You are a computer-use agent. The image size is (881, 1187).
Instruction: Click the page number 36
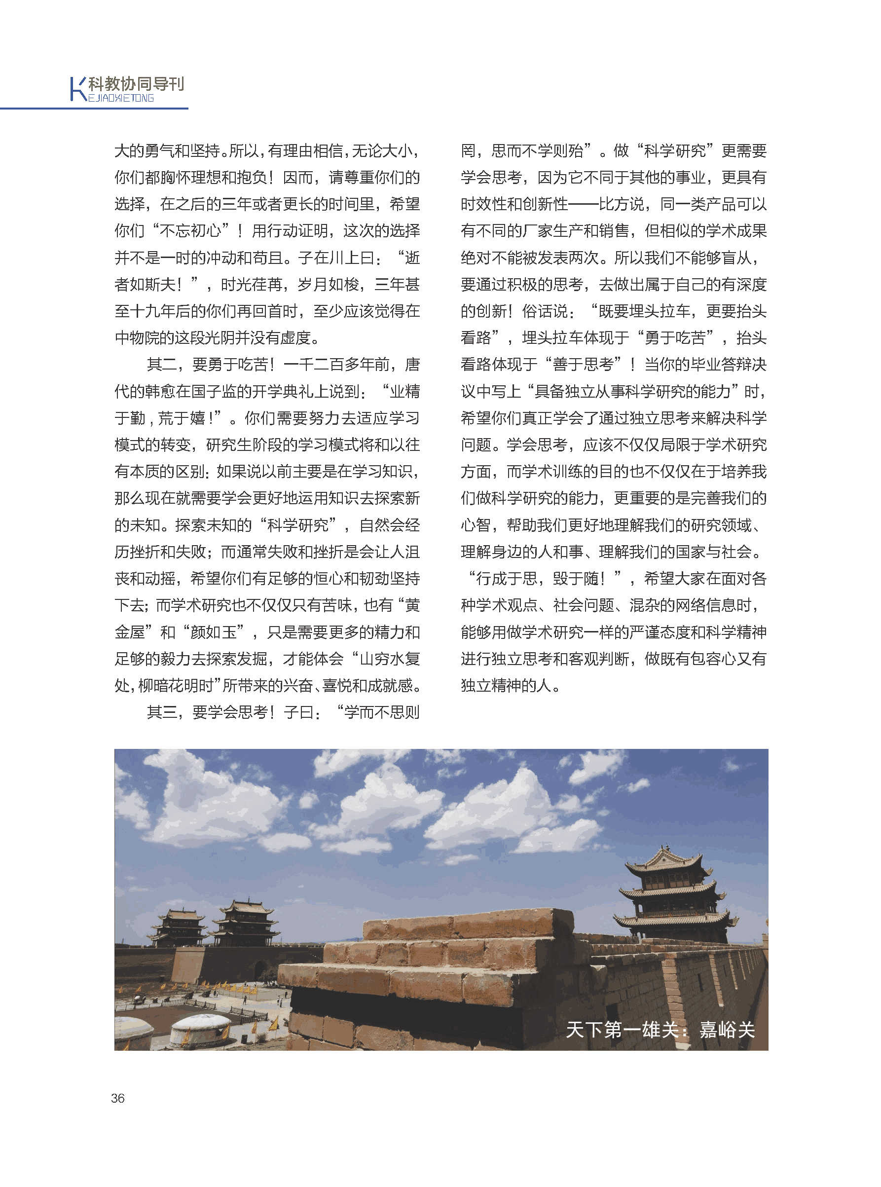(117, 1098)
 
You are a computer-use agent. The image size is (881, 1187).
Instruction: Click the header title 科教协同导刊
(136, 84)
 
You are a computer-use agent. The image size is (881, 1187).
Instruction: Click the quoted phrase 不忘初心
(190, 231)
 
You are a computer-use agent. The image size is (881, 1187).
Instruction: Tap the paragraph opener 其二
(162, 365)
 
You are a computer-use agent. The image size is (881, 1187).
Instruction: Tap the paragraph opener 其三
(162, 712)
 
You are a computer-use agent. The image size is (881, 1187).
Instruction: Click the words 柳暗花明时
(176, 686)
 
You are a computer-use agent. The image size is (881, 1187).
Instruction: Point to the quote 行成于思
(513, 579)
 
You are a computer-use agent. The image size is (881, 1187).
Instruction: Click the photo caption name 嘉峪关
(726, 1030)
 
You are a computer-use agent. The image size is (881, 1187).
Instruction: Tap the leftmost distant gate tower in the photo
(177, 928)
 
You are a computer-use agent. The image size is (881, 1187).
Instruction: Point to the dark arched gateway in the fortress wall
(260, 970)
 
